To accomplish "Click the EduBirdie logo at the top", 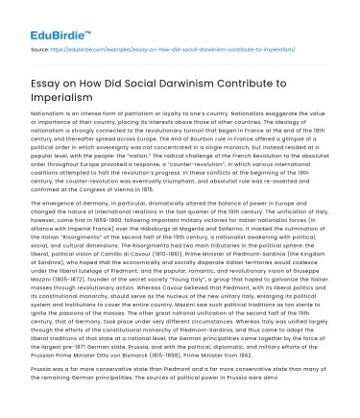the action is [x=43, y=18].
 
